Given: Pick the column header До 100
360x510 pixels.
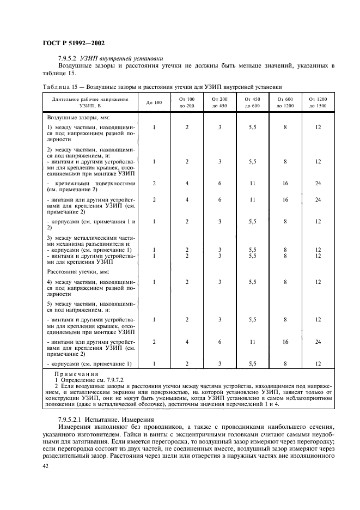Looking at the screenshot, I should tap(154, 102).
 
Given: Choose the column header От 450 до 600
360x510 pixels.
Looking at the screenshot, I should tap(252, 102).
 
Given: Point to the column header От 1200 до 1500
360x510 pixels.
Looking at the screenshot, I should tap(318, 102).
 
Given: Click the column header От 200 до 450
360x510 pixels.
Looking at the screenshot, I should tap(219, 102).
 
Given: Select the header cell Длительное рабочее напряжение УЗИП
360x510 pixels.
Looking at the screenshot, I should tap(90, 102).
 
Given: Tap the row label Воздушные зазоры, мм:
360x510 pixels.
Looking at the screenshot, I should tap(75, 118).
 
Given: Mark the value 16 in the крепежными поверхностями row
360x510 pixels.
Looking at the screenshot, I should tap(285, 184).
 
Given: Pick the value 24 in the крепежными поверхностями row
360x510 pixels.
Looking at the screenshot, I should tap(318, 184).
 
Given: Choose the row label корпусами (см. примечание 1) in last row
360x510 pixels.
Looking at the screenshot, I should tap(90, 363).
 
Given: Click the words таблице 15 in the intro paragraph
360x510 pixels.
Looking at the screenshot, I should tap(59, 73).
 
